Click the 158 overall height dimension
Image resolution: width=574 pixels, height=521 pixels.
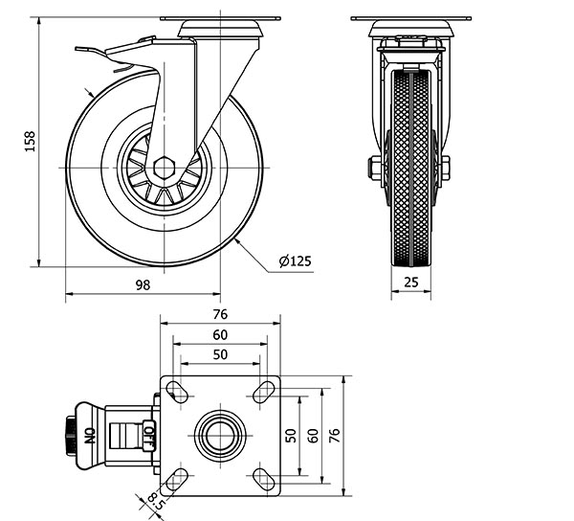[30, 142]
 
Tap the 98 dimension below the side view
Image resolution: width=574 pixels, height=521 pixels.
[143, 284]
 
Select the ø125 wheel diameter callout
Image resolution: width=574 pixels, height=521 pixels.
[296, 260]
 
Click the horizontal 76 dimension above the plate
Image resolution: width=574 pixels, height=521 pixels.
[220, 314]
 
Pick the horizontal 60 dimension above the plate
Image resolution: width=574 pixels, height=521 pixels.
[220, 335]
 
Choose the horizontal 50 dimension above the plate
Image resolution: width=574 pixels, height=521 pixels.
[220, 354]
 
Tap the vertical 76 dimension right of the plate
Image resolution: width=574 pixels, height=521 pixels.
[335, 436]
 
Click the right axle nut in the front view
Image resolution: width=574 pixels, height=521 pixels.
[444, 169]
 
